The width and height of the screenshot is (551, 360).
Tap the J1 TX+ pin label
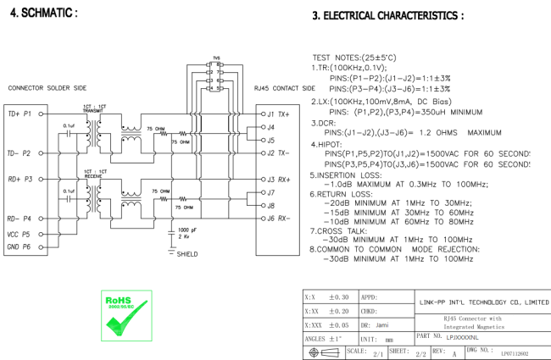click(277, 113)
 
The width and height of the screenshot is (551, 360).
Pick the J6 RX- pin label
click(277, 219)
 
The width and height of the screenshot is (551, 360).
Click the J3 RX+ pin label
click(278, 179)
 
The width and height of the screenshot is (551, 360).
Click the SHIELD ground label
click(187, 253)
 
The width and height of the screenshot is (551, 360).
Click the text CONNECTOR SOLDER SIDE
click(43, 88)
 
